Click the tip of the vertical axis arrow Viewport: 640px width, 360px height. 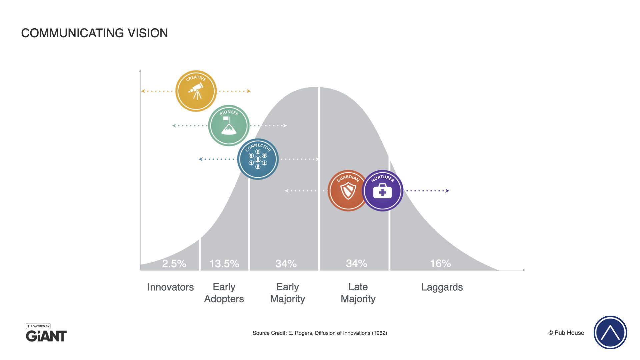point(140,70)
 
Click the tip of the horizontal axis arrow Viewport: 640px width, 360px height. point(525,270)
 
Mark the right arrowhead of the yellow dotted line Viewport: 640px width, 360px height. point(249,91)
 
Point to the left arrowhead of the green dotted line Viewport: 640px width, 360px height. point(174,126)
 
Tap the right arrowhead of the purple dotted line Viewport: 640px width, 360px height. point(448,191)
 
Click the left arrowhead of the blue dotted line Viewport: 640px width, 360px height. point(200,159)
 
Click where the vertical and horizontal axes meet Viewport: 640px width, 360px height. point(140,270)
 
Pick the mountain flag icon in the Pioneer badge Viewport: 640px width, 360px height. point(229,126)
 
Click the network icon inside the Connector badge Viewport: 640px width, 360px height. point(258,159)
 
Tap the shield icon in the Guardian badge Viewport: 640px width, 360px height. point(348,191)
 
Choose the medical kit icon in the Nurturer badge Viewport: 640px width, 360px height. point(382,191)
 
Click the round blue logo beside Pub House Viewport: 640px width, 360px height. point(610,332)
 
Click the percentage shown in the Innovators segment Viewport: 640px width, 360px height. point(174,264)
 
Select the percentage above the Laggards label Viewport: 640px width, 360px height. point(440,264)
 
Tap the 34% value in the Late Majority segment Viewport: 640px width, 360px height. point(356,264)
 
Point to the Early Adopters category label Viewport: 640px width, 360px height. point(224,293)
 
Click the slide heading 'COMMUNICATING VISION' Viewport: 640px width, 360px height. point(94,33)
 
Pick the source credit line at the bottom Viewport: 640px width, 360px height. point(320,333)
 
